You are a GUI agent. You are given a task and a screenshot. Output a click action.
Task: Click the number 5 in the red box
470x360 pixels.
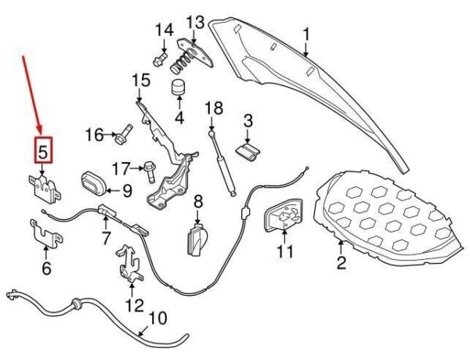click(x=43, y=149)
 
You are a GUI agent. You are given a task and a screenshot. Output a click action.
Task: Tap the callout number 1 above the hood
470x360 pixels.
click(x=307, y=34)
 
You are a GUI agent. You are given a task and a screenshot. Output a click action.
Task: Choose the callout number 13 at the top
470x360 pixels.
click(x=194, y=21)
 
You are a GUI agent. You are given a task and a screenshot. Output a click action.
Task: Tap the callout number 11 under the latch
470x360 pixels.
click(x=285, y=252)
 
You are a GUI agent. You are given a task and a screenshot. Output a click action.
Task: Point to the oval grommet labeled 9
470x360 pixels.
click(x=95, y=183)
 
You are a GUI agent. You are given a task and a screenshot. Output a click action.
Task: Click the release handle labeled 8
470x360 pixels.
click(x=197, y=237)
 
